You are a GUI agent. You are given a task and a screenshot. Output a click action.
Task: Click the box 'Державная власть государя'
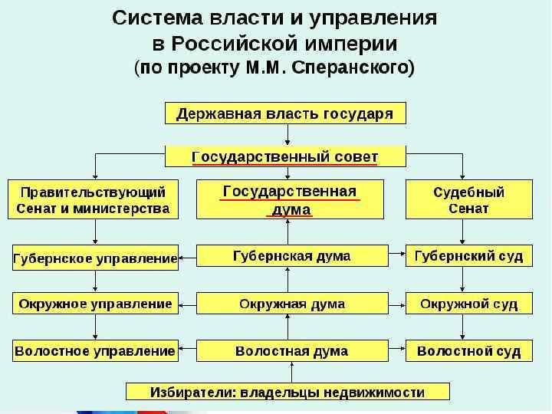285,113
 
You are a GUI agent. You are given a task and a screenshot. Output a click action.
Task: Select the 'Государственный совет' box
285,157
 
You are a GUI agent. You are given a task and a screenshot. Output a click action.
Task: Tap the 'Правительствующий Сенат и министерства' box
93,199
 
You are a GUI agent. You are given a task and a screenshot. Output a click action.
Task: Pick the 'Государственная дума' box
289,199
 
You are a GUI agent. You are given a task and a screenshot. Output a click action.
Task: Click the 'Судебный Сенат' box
468,199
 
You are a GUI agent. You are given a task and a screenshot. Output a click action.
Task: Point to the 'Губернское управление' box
95,258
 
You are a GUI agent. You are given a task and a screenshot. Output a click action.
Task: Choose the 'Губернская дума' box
291,256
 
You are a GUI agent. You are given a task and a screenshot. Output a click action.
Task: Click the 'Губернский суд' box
468,256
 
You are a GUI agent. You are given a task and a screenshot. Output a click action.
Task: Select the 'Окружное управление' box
95,304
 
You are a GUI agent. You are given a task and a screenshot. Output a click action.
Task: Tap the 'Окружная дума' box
291,304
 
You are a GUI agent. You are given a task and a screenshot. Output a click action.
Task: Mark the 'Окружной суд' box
468,304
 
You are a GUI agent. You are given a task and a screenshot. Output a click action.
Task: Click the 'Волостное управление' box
95,351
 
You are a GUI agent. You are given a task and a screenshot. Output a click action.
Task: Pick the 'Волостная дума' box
291,351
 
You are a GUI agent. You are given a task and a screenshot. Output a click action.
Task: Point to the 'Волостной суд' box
468,351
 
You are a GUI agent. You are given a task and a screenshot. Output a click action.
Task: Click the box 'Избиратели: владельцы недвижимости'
287,392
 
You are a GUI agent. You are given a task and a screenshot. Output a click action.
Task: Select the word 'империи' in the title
365,42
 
